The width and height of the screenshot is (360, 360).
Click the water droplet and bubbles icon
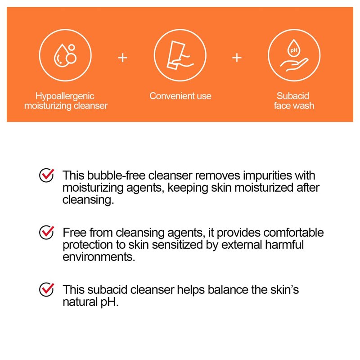[65, 55]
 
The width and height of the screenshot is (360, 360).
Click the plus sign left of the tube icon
[122, 58]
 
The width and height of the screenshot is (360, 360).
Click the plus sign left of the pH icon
[237, 58]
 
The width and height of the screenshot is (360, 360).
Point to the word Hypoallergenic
[65, 96]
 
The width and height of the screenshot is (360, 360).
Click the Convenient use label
[180, 96]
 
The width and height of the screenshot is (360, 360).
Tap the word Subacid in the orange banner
[293, 96]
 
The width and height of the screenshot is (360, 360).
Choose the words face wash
[294, 106]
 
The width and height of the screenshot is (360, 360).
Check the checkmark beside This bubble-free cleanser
[47, 175]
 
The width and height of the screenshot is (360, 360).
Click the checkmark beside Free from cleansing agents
[47, 232]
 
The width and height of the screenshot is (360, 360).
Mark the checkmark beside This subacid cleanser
[47, 289]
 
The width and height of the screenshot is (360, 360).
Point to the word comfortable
[294, 233]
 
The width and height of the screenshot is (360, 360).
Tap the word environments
[99, 256]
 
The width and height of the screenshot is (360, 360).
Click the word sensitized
[177, 244]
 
